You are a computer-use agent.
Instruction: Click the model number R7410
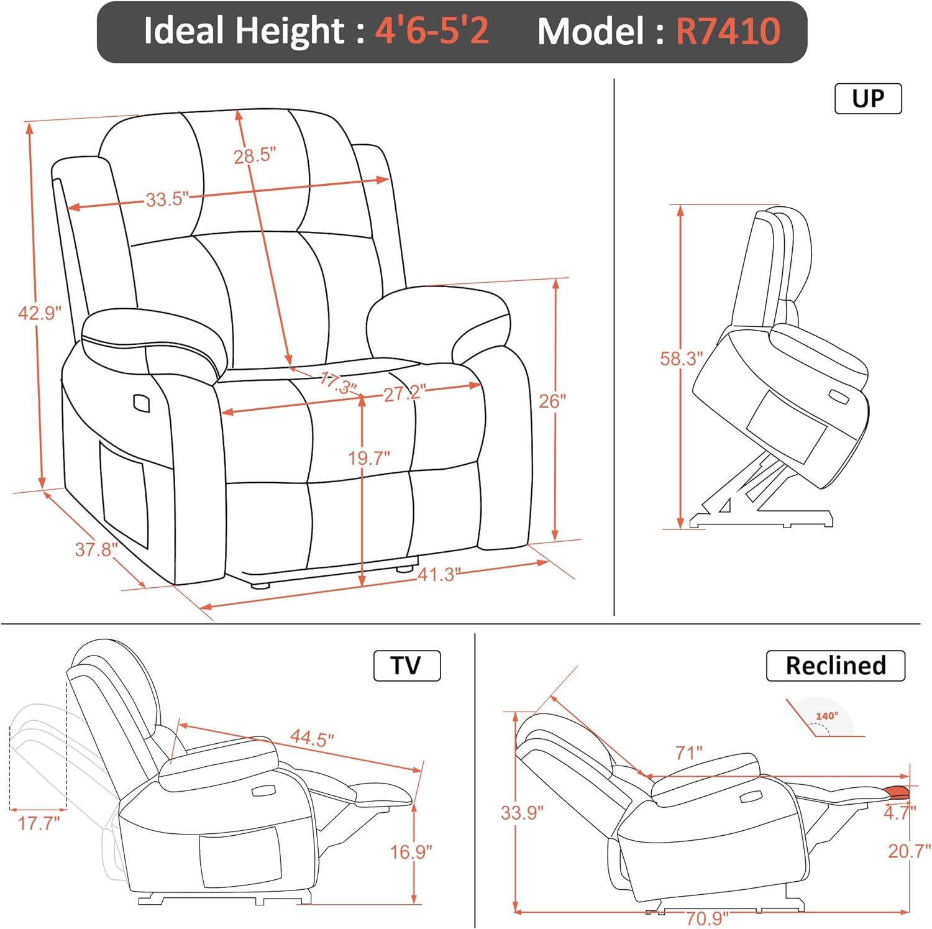tap(728, 31)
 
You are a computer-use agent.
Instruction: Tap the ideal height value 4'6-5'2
tap(432, 31)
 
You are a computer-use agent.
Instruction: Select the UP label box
tap(867, 99)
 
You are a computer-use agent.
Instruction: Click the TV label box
tap(406, 666)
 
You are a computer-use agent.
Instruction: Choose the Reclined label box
tap(835, 666)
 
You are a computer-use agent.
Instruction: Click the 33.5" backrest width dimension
tap(167, 199)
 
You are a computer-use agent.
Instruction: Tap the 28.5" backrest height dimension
tap(254, 155)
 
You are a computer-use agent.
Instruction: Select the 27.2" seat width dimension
tap(404, 392)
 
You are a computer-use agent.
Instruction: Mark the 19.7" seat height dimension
tap(368, 459)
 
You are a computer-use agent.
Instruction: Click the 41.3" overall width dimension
tap(439, 574)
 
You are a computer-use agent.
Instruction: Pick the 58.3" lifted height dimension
tap(681, 359)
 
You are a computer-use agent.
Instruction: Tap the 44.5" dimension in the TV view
tap(312, 739)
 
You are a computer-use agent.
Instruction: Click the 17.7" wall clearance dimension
tap(39, 823)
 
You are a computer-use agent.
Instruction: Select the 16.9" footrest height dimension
tap(411, 851)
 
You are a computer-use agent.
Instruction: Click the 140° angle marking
tap(827, 716)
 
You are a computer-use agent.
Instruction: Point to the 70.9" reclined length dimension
tap(707, 918)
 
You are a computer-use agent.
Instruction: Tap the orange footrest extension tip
tap(898, 792)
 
